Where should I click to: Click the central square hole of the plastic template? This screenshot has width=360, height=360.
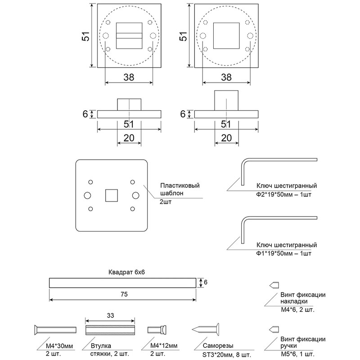(112, 195)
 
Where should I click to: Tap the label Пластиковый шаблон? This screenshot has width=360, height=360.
(180, 189)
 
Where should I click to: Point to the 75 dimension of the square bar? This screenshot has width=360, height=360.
(124, 295)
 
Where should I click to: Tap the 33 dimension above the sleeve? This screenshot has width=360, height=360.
(110, 315)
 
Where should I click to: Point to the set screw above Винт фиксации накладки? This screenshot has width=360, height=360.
(274, 284)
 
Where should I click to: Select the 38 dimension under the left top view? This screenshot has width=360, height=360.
(128, 77)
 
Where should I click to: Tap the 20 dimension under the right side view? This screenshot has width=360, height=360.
(226, 139)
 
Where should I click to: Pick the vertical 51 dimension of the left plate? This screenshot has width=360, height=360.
(86, 36)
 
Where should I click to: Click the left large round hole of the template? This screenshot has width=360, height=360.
(87, 195)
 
